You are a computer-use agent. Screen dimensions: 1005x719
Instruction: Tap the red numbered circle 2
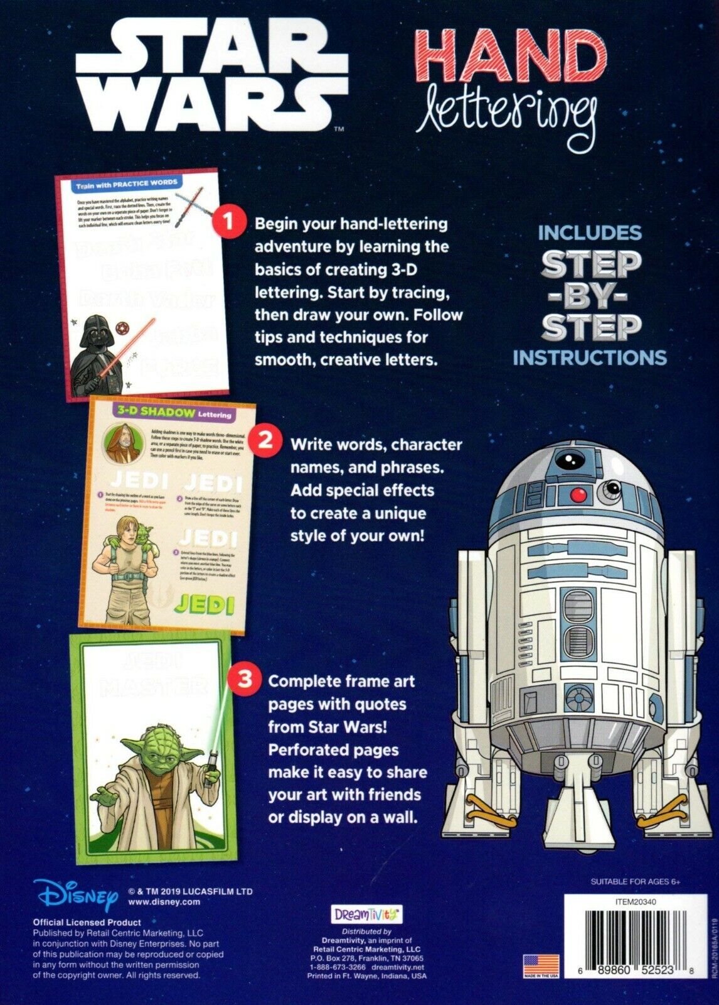[x=266, y=439]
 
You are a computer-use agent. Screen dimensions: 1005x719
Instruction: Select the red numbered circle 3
[x=245, y=678]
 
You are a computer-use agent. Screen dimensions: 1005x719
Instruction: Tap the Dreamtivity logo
[x=366, y=914]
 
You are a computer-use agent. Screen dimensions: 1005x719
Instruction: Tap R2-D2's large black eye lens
[x=568, y=458]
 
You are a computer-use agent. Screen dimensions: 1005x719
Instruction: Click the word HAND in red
[x=511, y=58]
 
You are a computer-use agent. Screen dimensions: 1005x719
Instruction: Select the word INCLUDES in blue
[x=590, y=233]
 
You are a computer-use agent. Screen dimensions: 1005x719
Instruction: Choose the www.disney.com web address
[x=164, y=902]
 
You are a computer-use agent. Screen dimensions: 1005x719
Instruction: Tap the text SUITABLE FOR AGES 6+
[x=635, y=882]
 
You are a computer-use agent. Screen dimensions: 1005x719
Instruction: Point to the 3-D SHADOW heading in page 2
[x=156, y=412]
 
